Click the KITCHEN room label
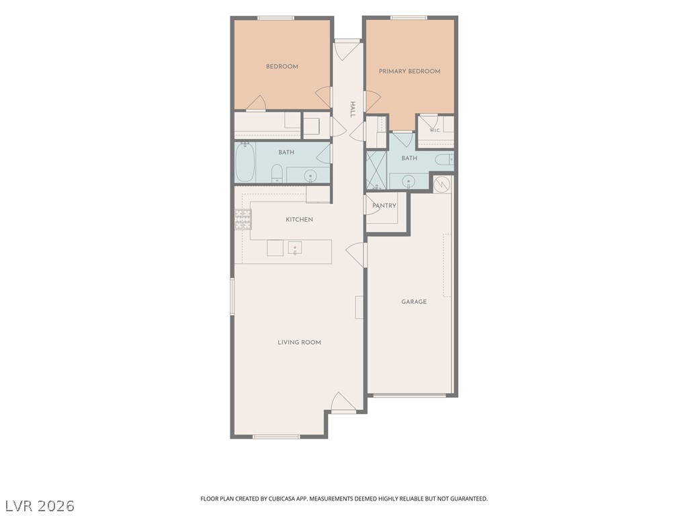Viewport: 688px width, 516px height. click(299, 220)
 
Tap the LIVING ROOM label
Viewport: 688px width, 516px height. click(299, 342)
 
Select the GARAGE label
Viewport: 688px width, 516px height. click(414, 302)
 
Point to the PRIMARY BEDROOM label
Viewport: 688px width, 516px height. click(409, 71)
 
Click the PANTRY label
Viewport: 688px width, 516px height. click(384, 206)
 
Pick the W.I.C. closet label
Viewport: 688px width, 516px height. click(435, 130)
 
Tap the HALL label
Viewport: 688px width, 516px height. click(352, 110)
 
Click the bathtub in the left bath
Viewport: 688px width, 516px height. click(245, 162)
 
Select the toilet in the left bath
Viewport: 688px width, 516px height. click(277, 173)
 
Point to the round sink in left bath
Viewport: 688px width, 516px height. click(310, 175)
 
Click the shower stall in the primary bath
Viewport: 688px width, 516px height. click(376, 170)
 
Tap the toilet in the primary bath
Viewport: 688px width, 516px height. click(444, 160)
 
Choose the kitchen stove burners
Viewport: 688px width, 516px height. click(243, 220)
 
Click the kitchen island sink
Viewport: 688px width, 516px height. click(295, 248)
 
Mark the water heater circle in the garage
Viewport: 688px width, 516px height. click(442, 184)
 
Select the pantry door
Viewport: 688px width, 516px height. click(372, 205)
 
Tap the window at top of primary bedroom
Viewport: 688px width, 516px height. click(408, 18)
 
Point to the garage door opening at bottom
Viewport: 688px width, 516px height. click(409, 395)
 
